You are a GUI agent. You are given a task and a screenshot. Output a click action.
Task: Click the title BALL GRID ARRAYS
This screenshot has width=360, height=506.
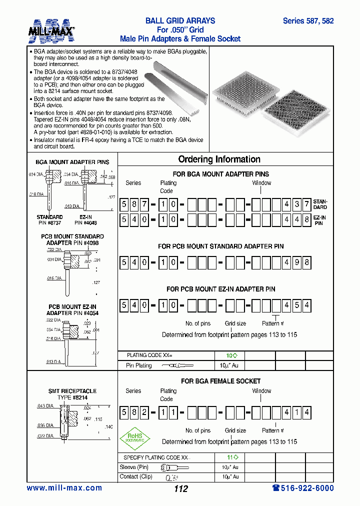tap(180, 21)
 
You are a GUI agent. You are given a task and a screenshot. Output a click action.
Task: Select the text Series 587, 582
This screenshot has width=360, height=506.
tap(308, 21)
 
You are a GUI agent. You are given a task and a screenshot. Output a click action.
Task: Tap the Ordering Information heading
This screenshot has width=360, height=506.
tap(219, 159)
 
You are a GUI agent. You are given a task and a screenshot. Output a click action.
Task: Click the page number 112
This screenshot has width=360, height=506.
tap(180, 489)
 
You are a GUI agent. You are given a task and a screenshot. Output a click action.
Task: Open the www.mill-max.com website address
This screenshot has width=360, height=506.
tap(64, 488)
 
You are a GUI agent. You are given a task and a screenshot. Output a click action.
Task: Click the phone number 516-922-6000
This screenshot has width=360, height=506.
tap(303, 488)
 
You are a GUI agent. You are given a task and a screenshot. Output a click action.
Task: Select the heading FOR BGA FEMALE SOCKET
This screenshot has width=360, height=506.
tap(220, 381)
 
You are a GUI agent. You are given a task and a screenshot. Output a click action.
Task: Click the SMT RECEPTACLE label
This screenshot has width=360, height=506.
tap(72, 391)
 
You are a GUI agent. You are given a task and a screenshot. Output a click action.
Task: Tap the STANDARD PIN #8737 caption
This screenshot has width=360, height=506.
tap(49, 220)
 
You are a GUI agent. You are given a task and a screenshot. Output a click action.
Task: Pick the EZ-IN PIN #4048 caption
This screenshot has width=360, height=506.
tap(85, 220)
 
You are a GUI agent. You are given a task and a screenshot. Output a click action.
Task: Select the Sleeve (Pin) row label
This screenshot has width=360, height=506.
tap(134, 467)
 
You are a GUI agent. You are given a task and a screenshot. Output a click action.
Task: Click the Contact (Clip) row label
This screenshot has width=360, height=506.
tap(135, 477)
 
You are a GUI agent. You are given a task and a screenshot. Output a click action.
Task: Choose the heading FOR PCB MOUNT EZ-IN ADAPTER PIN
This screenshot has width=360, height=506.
tap(220, 289)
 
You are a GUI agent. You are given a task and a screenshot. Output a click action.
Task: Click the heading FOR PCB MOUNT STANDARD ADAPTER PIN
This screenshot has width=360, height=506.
tap(220, 246)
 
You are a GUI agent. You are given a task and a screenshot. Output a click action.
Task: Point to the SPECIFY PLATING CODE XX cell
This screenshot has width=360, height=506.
tap(156, 457)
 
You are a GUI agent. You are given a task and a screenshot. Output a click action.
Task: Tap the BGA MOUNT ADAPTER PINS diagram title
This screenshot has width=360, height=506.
tap(72, 162)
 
